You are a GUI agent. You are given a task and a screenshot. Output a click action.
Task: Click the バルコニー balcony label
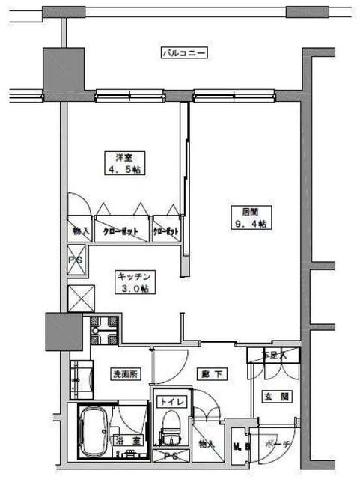pos(183,53)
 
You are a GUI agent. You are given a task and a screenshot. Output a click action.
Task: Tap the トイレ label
pos(171,402)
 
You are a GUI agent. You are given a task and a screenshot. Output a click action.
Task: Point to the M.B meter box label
pos(240,447)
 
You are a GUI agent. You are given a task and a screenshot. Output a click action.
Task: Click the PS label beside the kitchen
pos(76,260)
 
